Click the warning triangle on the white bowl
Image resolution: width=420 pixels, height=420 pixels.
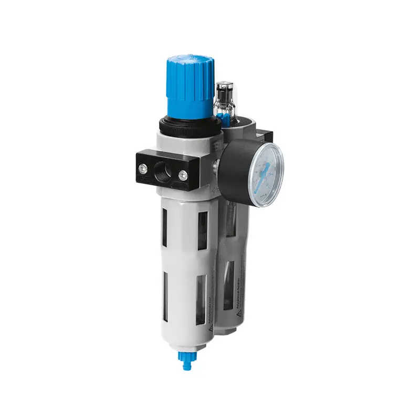click(x=208, y=328)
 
